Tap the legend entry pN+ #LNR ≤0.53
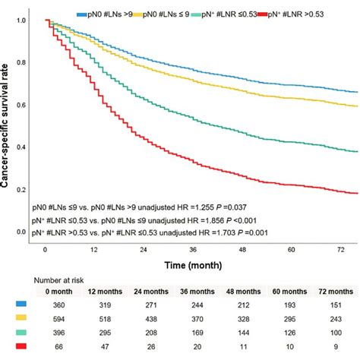point(254,14)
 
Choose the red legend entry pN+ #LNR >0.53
point(324,14)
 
